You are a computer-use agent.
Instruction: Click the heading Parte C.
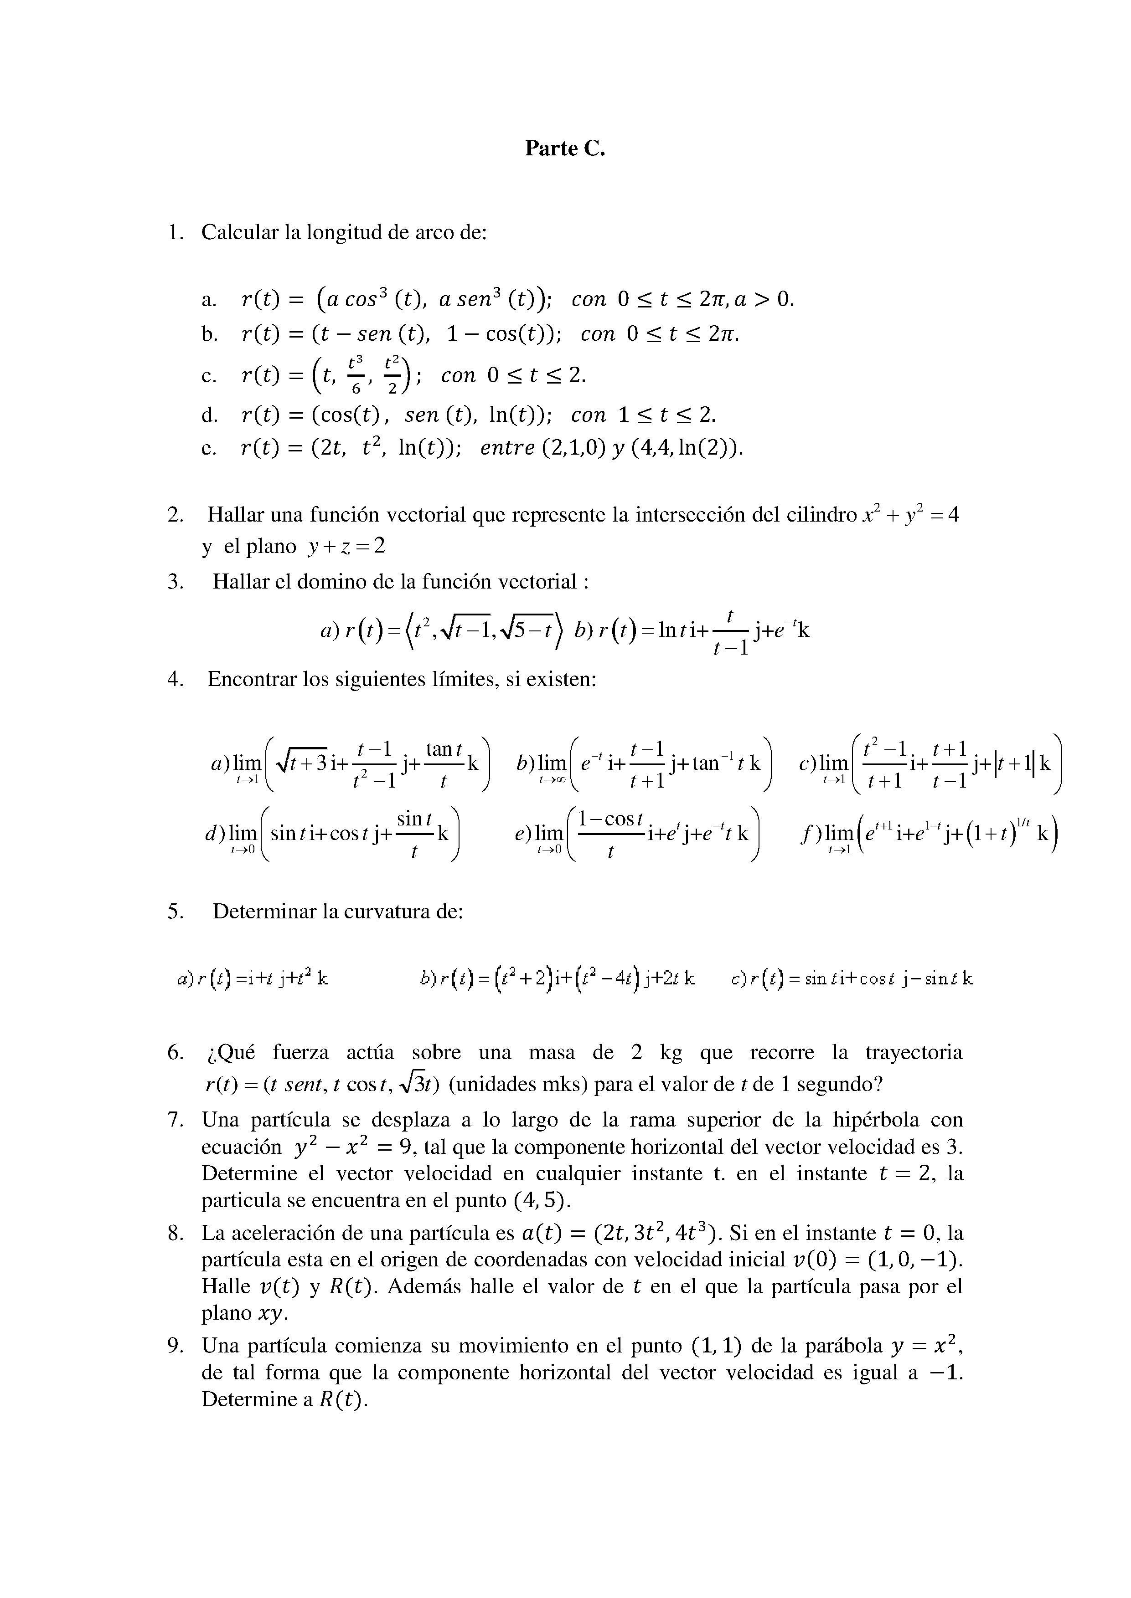click(x=565, y=148)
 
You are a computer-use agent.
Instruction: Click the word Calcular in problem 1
click(x=240, y=232)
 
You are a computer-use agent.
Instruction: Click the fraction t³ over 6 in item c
click(x=355, y=375)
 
